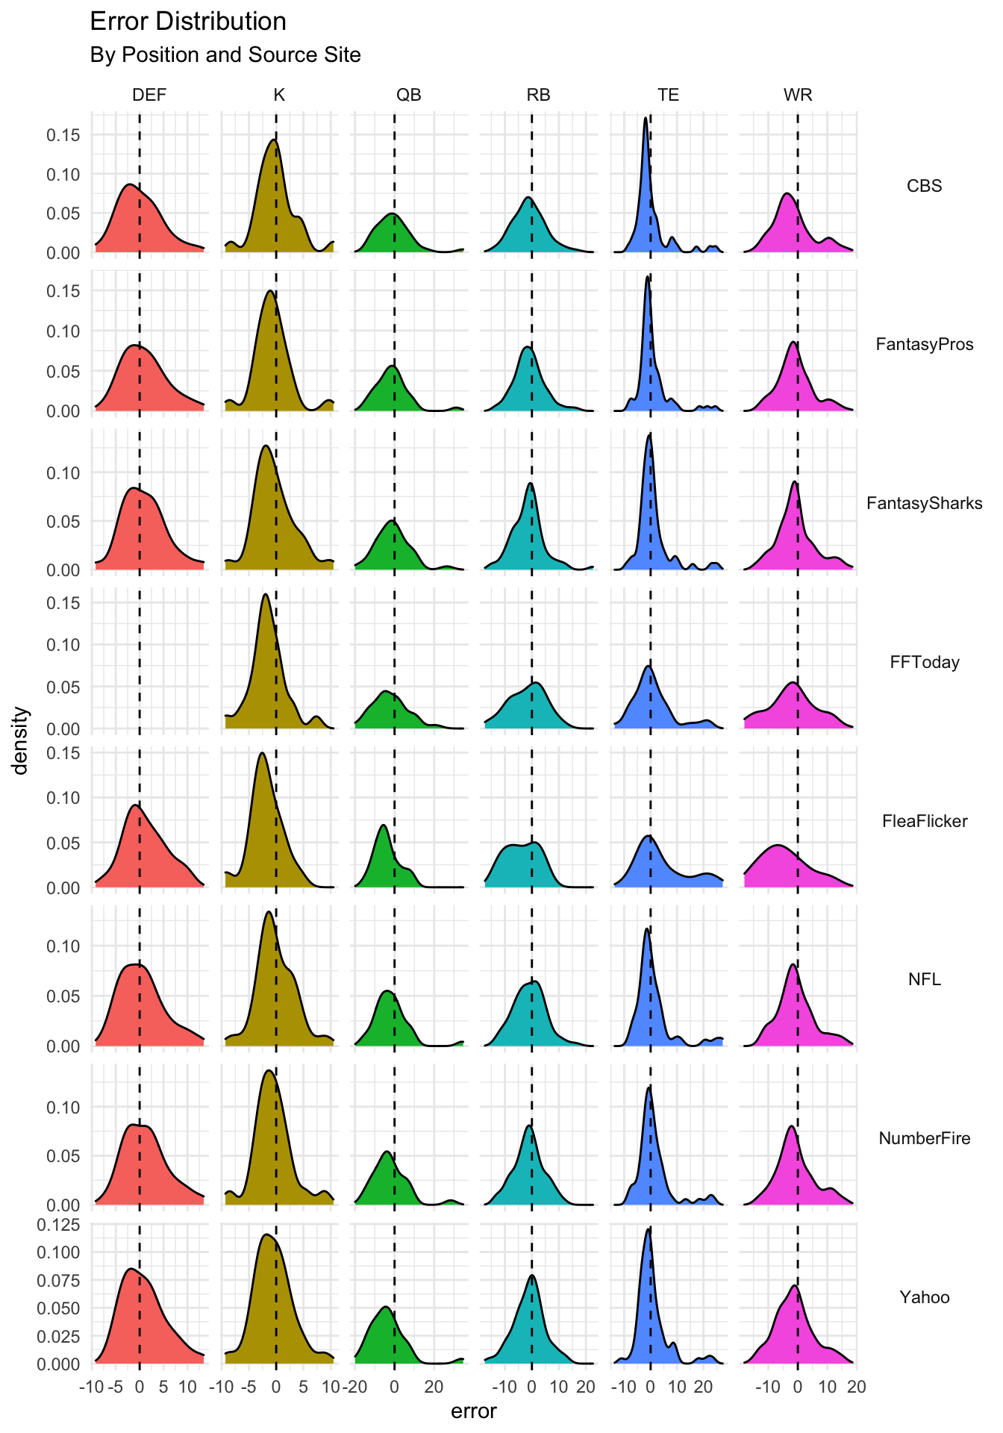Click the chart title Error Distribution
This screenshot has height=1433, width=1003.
pyautogui.click(x=187, y=22)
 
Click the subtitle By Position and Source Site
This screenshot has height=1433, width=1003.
pyautogui.click(x=225, y=55)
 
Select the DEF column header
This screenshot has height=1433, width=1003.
pyautogui.click(x=149, y=95)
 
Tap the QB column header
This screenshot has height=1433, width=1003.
pyautogui.click(x=408, y=95)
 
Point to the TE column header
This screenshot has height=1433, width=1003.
pyautogui.click(x=668, y=95)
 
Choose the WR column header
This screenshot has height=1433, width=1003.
pyautogui.click(x=798, y=95)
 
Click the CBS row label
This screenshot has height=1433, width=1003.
pyautogui.click(x=924, y=186)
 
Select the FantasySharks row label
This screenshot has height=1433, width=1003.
pyautogui.click(x=924, y=503)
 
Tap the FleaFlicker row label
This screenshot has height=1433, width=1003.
pyautogui.click(x=924, y=821)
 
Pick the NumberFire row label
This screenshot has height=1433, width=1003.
pyautogui.click(x=924, y=1138)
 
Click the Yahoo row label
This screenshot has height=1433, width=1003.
pyautogui.click(x=924, y=1297)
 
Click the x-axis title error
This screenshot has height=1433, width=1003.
pyautogui.click(x=473, y=1411)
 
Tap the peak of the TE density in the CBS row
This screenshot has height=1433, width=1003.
pyautogui.click(x=645, y=118)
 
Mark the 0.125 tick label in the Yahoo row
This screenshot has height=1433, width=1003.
pyautogui.click(x=59, y=1225)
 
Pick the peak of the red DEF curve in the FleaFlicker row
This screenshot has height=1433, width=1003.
pyautogui.click(x=135, y=805)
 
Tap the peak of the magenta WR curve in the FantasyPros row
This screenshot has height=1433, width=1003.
pyautogui.click(x=793, y=343)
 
